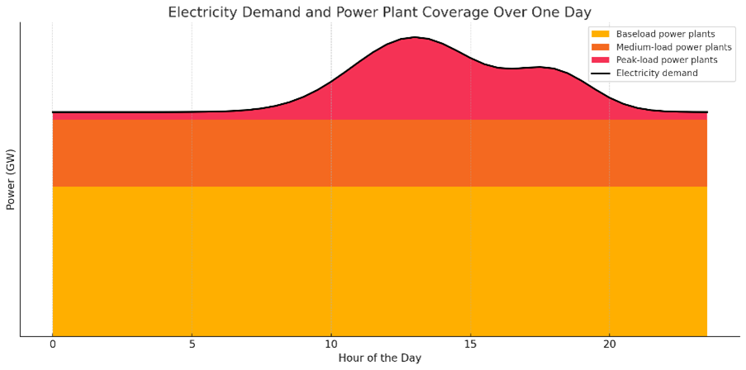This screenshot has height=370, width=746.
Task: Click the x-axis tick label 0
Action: click(x=52, y=344)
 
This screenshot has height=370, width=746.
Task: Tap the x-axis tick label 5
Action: click(x=192, y=344)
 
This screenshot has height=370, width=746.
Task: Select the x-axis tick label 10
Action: click(x=330, y=344)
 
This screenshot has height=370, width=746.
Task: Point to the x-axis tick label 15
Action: click(x=470, y=344)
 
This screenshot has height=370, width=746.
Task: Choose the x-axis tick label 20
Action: click(x=609, y=344)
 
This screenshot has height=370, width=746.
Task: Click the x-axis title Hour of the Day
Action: click(x=379, y=358)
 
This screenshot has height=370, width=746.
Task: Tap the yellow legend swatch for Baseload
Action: click(x=600, y=34)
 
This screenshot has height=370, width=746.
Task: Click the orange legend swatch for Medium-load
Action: click(x=600, y=47)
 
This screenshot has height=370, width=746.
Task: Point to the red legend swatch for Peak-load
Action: click(x=600, y=59)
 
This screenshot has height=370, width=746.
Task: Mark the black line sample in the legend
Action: click(x=600, y=73)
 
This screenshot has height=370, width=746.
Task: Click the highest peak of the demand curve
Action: click(x=415, y=37)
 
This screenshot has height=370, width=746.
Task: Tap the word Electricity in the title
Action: click(x=200, y=12)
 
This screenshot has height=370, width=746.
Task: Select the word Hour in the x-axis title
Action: click(x=352, y=358)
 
